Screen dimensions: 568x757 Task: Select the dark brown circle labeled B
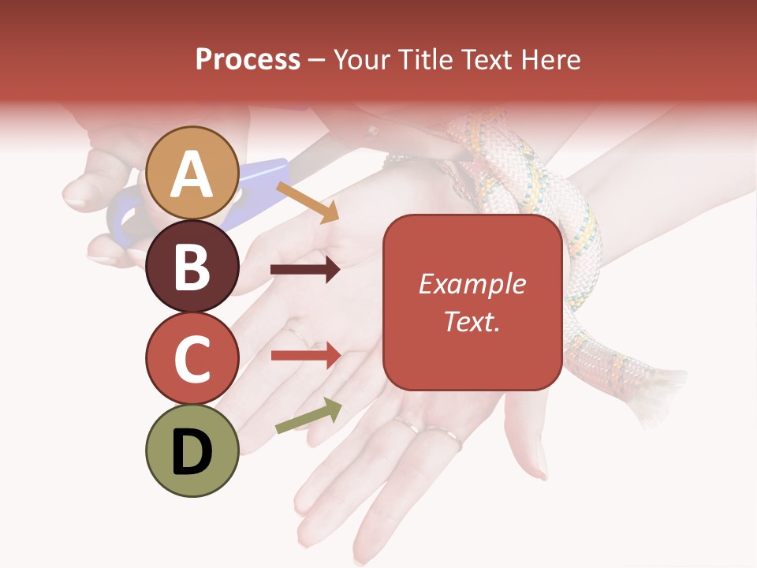pyautogui.click(x=192, y=266)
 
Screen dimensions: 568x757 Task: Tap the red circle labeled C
pyautogui.click(x=192, y=359)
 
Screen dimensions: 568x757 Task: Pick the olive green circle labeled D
pyautogui.click(x=192, y=450)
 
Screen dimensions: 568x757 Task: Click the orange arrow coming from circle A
pyautogui.click(x=308, y=201)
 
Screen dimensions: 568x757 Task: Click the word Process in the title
pyautogui.click(x=248, y=59)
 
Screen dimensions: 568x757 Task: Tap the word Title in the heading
pyautogui.click(x=425, y=59)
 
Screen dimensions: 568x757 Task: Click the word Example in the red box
pyautogui.click(x=472, y=284)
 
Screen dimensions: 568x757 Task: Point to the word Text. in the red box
pyautogui.click(x=472, y=321)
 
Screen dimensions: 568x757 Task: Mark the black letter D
pyautogui.click(x=192, y=453)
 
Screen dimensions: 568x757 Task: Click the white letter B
pyautogui.click(x=192, y=267)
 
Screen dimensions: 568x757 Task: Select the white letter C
pyautogui.click(x=192, y=360)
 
